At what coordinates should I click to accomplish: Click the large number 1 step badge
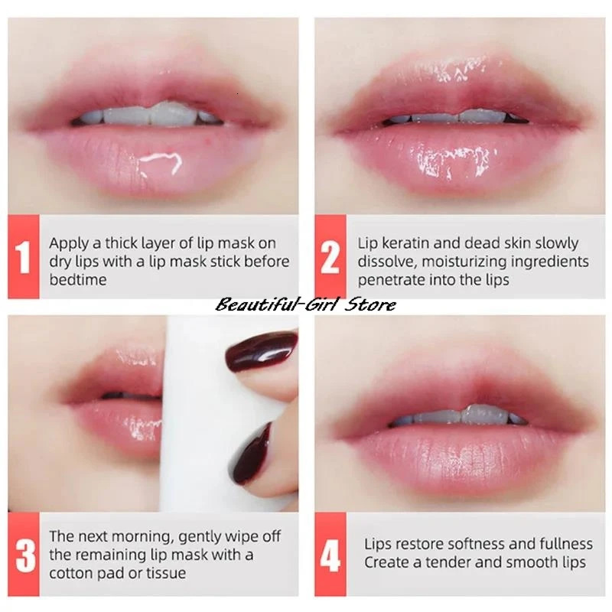coord(24,257)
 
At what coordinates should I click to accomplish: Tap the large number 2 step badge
coord(330,257)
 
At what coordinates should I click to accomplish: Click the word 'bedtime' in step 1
coord(78,280)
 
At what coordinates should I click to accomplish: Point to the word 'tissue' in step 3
coord(166,573)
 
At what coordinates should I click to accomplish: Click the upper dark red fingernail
coord(262,350)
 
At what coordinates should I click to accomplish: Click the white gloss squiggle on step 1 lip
coord(161,163)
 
